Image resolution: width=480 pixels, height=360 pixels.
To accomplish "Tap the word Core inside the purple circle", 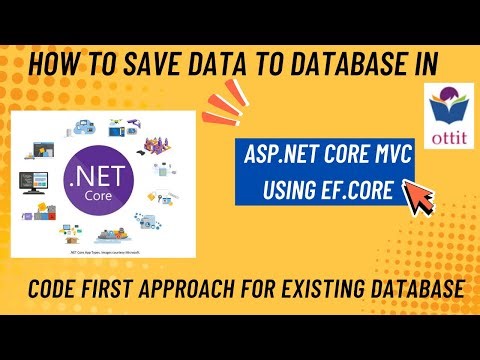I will click(x=90, y=198).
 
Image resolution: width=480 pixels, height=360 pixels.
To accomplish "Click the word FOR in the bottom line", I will click(x=266, y=289).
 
